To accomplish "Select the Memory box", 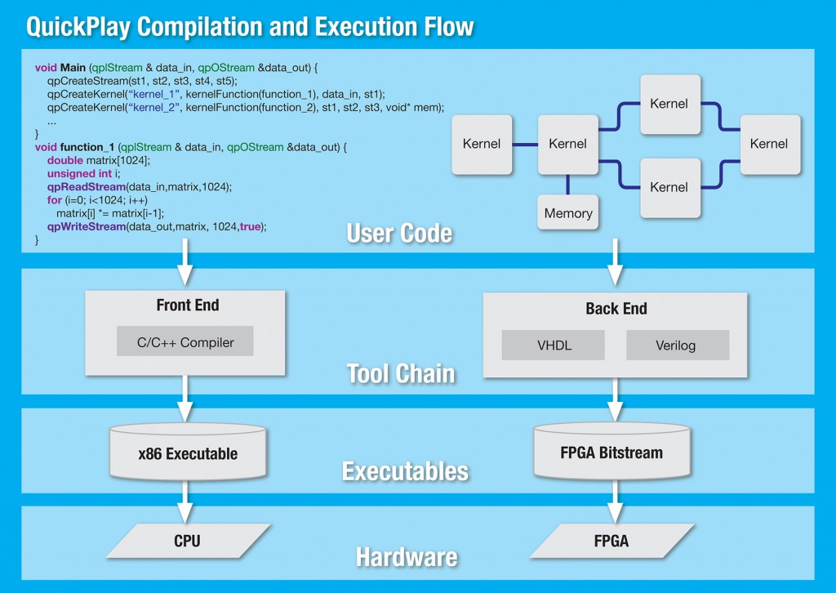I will (568, 213).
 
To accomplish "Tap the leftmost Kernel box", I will (482, 144).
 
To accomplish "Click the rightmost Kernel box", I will (769, 144).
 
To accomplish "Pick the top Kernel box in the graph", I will (669, 104).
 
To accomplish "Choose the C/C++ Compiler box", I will (185, 342).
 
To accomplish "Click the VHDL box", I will (553, 345).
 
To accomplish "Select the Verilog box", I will (676, 345).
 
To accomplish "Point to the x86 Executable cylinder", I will (187, 453).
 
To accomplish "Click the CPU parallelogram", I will (187, 541).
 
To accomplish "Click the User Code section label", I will (399, 234).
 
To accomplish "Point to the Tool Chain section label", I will (400, 373).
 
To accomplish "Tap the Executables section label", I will (405, 471).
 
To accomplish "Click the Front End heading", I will (187, 305).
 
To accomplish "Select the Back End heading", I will (616, 308).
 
